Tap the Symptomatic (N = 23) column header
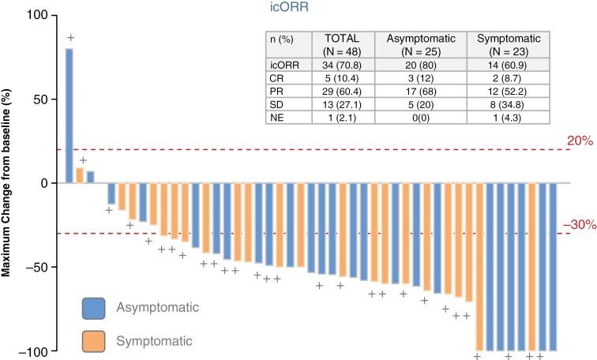[507, 44]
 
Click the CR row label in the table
[276, 78]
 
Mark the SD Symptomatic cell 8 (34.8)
[507, 105]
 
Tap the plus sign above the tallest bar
[70, 38]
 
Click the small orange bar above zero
[79, 174]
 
